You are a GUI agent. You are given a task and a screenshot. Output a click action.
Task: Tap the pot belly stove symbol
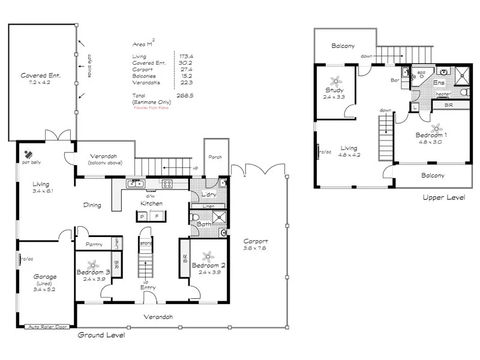click(x=28, y=154)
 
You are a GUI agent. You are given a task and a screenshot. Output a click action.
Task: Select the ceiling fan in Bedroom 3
click(x=92, y=263)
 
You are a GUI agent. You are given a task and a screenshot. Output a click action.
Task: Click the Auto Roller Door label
click(x=46, y=327)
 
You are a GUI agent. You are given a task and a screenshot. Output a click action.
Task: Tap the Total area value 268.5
click(x=183, y=95)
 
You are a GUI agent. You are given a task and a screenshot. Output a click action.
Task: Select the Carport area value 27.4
click(x=183, y=70)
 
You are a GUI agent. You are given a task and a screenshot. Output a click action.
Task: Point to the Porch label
click(x=215, y=157)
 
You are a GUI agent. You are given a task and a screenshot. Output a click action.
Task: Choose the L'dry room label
click(x=208, y=196)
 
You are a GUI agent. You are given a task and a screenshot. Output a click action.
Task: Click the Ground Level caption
click(x=101, y=335)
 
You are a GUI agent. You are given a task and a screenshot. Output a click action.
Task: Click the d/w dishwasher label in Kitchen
click(x=151, y=196)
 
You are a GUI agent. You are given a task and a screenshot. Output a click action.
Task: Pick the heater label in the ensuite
click(x=443, y=94)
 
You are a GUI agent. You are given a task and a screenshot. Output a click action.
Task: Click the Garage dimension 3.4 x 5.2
click(x=44, y=289)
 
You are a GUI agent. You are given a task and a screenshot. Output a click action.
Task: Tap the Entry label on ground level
click(x=148, y=287)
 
